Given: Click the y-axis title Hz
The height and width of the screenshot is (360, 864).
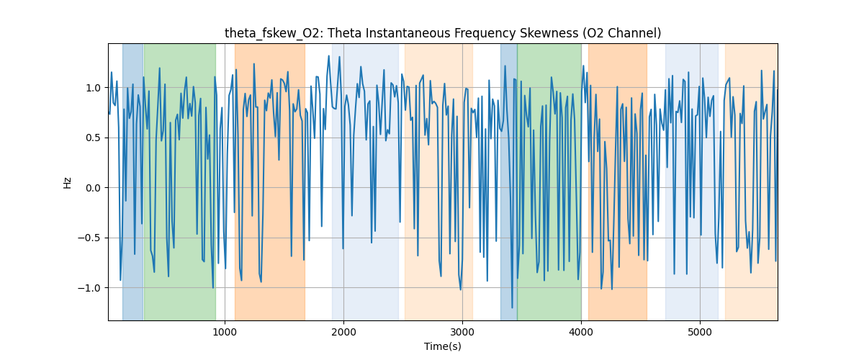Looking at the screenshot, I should click(x=68, y=182).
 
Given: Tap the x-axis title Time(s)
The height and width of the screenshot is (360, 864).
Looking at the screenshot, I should click(x=443, y=346).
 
